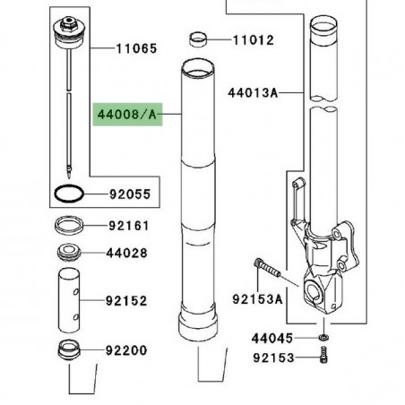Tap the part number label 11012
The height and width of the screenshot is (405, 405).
[254, 39]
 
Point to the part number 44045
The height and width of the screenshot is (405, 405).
[271, 364]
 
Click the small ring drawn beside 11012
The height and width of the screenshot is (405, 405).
[200, 39]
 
